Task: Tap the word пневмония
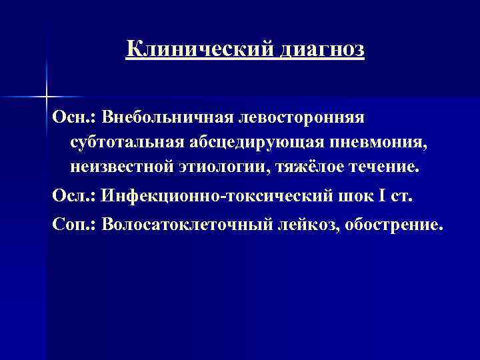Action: (366, 142)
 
